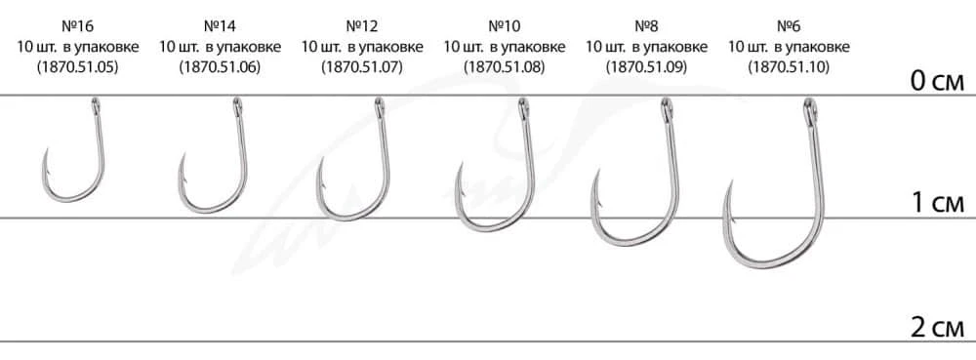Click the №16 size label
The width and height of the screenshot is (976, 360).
(x=77, y=26)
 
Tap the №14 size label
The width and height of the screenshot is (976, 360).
(x=220, y=26)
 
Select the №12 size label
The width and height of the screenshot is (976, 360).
(x=362, y=26)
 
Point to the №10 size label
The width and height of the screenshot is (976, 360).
(x=505, y=26)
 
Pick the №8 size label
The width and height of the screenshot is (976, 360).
(x=646, y=26)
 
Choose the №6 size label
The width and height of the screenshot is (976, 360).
(x=789, y=26)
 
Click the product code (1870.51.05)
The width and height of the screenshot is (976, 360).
(x=77, y=67)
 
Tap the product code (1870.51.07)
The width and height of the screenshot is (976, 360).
(x=362, y=67)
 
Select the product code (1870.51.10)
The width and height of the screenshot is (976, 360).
(x=789, y=67)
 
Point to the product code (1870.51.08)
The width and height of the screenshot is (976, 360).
(x=505, y=67)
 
